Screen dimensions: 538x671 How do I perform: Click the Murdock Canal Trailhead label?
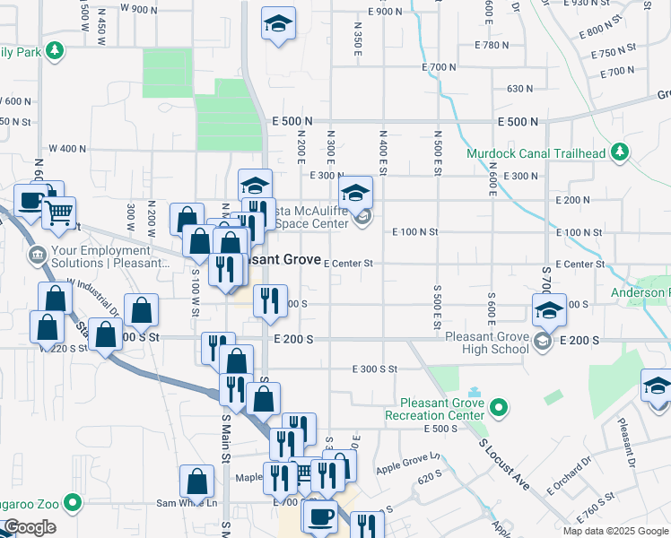536,153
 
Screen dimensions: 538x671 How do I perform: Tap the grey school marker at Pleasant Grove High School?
542,341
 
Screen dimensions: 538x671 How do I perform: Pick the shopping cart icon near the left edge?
59,212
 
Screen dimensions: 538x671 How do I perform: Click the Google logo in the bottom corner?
30,527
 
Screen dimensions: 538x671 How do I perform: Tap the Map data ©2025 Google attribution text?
614,531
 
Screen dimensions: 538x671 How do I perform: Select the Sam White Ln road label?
187,503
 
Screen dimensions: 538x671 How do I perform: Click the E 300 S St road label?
374,369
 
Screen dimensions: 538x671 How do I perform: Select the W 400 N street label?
67,148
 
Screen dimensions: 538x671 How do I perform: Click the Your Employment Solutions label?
112,256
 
